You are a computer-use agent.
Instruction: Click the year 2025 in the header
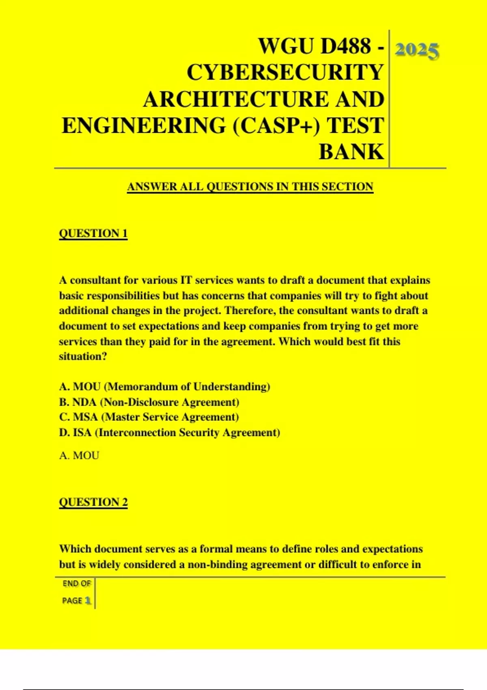pyautogui.click(x=417, y=51)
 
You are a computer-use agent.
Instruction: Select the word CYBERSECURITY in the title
pyautogui.click(x=285, y=72)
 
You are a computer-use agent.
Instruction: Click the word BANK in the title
pyautogui.click(x=351, y=152)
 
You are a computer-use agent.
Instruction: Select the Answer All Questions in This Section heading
pyautogui.click(x=250, y=187)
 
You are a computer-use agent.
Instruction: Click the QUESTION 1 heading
pyautogui.click(x=93, y=233)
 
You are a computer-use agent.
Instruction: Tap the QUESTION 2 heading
pyautogui.click(x=93, y=502)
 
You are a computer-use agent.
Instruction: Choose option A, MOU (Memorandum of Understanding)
pyautogui.click(x=164, y=387)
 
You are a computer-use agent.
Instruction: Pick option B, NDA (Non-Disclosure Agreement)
pyautogui.click(x=149, y=402)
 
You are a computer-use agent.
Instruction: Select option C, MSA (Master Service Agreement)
pyautogui.click(x=149, y=417)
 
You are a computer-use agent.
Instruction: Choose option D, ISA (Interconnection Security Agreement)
pyautogui.click(x=170, y=433)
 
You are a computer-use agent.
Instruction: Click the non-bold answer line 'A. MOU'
pyautogui.click(x=79, y=455)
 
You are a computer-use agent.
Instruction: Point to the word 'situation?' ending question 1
pyautogui.click(x=83, y=356)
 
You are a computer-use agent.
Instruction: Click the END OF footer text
pyautogui.click(x=77, y=584)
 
